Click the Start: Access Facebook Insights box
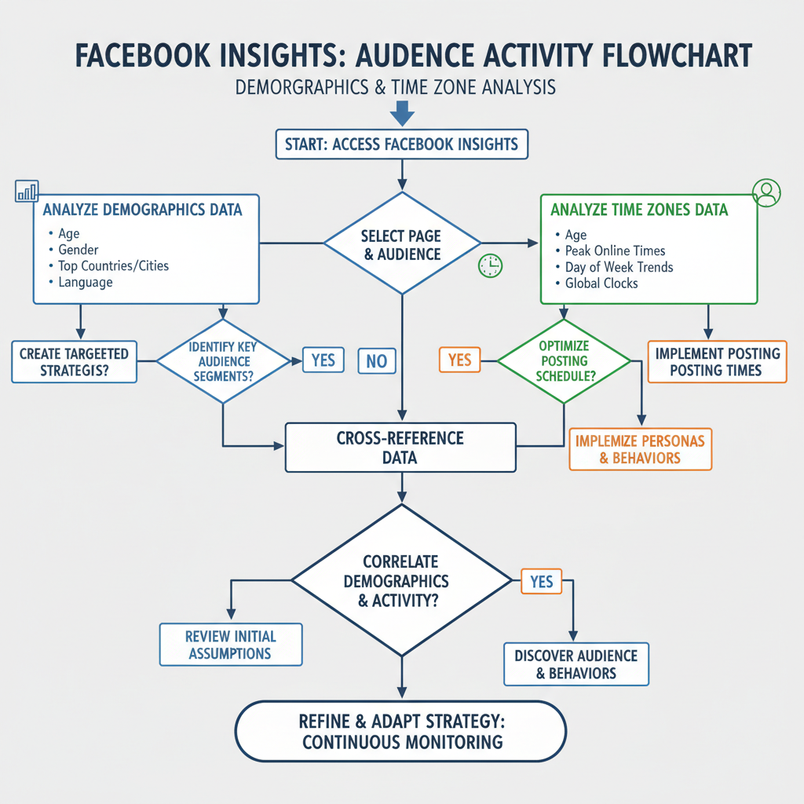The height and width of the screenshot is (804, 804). pos(401,144)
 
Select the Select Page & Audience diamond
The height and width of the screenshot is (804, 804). pos(401,243)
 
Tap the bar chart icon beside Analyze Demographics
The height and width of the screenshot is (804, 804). pos(27,191)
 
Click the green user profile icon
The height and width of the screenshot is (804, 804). pos(766,192)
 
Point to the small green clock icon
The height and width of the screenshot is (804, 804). pos(489,265)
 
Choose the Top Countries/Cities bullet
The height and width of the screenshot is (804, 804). pos(113,265)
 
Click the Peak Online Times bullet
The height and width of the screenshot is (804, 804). pos(615,250)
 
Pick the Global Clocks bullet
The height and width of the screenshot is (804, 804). pos(601,283)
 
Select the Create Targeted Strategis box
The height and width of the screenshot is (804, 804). pos(74,361)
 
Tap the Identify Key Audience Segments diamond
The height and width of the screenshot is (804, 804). pos(223,361)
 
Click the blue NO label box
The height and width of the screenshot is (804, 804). pos(377,360)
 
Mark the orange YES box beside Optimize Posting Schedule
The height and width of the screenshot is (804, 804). pos(459,360)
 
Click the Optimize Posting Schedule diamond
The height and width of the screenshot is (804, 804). pos(565,361)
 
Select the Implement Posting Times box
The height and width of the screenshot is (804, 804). pos(716,361)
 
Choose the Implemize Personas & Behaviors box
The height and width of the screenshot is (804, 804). pos(640,448)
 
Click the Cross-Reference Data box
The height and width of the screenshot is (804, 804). pos(400,448)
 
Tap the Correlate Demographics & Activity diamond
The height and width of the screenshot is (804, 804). pos(401,581)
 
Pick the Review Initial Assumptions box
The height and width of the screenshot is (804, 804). pos(230,644)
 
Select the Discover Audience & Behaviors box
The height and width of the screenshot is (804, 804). pos(576,664)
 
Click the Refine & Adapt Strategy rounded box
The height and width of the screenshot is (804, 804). pos(400,731)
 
